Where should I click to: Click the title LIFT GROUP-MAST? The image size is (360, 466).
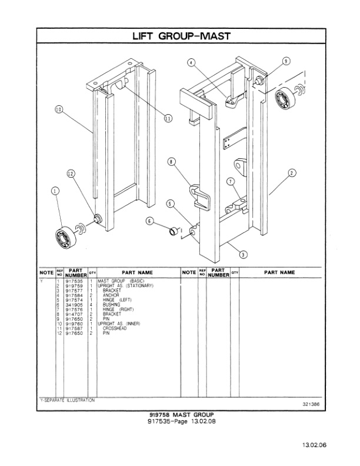(180, 36)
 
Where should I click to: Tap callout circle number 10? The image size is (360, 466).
(59, 109)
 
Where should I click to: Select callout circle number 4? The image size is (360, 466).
(191, 62)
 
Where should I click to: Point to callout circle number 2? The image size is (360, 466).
(292, 172)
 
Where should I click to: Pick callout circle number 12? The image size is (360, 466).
(71, 174)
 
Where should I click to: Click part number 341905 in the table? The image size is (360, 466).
(75, 305)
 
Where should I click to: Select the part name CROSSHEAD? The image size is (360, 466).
(114, 328)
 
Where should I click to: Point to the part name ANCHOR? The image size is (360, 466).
(111, 295)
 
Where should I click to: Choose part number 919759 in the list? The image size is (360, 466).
(75, 286)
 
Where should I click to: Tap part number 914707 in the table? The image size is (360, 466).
(75, 314)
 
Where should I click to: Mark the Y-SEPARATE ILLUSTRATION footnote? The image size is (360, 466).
(66, 400)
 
